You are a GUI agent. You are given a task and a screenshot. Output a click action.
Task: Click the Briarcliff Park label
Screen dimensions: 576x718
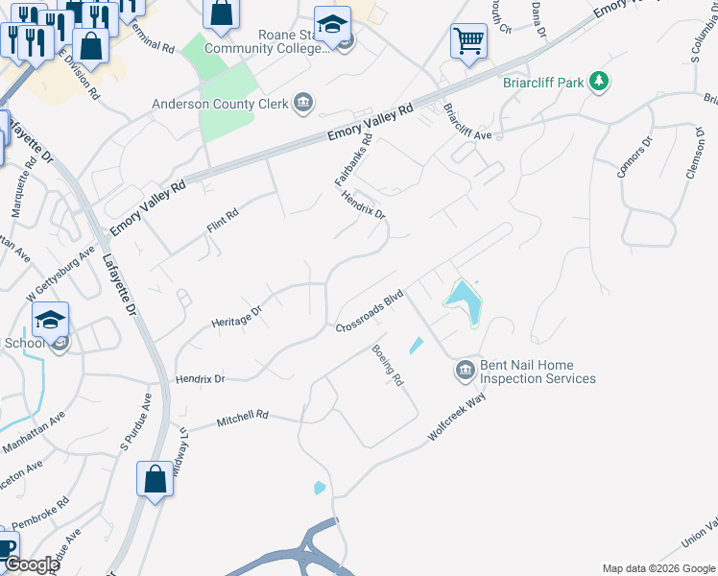[543, 83]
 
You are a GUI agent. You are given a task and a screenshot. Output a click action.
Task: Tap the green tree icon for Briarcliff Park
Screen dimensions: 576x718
[600, 82]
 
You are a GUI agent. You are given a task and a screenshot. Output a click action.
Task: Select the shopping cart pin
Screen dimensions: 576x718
[468, 41]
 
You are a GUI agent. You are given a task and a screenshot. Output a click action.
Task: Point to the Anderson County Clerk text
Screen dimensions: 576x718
[221, 105]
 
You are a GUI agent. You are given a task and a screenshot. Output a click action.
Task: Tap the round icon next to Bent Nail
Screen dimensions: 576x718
[465, 369]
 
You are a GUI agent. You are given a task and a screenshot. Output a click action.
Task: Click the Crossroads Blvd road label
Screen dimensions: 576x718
[368, 313]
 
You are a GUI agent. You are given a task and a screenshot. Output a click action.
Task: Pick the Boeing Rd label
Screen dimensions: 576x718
[389, 366]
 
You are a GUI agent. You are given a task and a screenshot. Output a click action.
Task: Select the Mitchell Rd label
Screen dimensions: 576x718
[242, 420]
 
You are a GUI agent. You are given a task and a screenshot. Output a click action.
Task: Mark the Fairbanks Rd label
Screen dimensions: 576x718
[352, 159]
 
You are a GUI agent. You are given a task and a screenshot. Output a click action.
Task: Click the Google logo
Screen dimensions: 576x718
[31, 564]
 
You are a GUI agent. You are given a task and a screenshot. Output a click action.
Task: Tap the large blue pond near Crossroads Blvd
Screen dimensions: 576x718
[465, 301]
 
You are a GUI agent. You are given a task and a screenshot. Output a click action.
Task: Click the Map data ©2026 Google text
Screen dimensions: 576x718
[658, 568]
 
